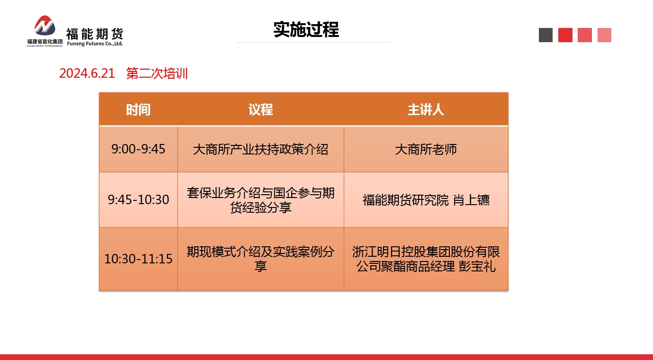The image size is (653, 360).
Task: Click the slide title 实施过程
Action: (x=306, y=29)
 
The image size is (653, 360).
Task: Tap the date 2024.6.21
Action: (x=87, y=73)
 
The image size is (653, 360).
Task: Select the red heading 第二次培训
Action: (x=157, y=73)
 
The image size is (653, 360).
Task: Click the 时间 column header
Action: (x=138, y=109)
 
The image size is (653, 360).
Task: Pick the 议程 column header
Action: (x=260, y=109)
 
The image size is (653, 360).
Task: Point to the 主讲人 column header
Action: (x=426, y=109)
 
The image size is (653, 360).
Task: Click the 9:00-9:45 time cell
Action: (x=138, y=149)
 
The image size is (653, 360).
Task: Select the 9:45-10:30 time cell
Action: (x=138, y=200)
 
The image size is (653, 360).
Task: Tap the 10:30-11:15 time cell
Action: (x=138, y=259)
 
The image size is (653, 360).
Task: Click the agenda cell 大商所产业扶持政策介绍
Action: (x=260, y=149)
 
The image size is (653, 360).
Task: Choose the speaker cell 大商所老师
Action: (x=426, y=149)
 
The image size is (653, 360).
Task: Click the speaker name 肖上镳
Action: (x=471, y=200)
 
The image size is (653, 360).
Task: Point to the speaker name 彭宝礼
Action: (x=477, y=266)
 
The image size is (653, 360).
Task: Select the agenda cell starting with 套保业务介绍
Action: (x=260, y=200)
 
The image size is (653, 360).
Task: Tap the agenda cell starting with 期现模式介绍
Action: (x=260, y=259)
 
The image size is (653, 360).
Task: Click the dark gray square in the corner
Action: (x=546, y=35)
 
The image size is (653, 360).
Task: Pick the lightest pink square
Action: (x=604, y=35)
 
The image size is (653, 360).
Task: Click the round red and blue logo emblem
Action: (x=45, y=26)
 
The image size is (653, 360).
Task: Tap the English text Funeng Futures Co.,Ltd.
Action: (x=95, y=44)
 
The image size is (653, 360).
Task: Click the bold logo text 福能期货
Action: (x=95, y=34)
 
